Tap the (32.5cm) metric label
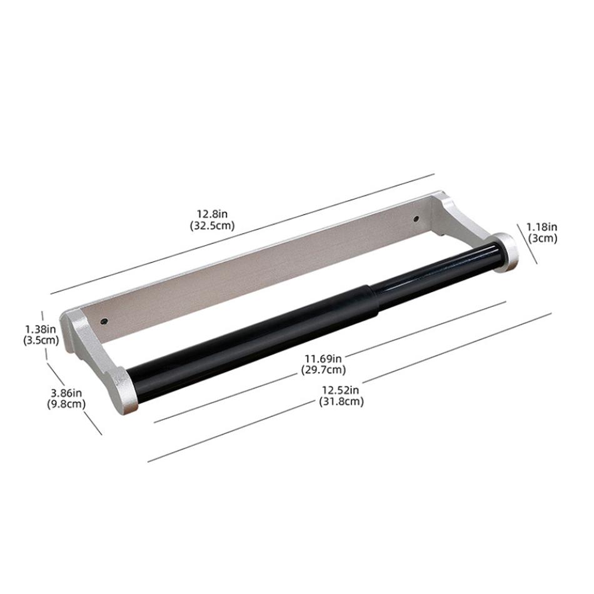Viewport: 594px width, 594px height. [213, 226]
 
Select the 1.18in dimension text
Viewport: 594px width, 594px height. [541, 227]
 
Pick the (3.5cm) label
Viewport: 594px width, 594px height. [41, 340]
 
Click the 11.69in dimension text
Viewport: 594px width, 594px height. [323, 358]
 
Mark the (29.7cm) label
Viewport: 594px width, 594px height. [323, 370]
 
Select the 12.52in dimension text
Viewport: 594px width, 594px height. [341, 390]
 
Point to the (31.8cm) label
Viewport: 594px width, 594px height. [341, 401]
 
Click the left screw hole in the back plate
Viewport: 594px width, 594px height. [104, 321]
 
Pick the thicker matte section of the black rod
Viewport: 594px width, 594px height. [250, 332]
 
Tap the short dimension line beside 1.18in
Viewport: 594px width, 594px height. [528, 244]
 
